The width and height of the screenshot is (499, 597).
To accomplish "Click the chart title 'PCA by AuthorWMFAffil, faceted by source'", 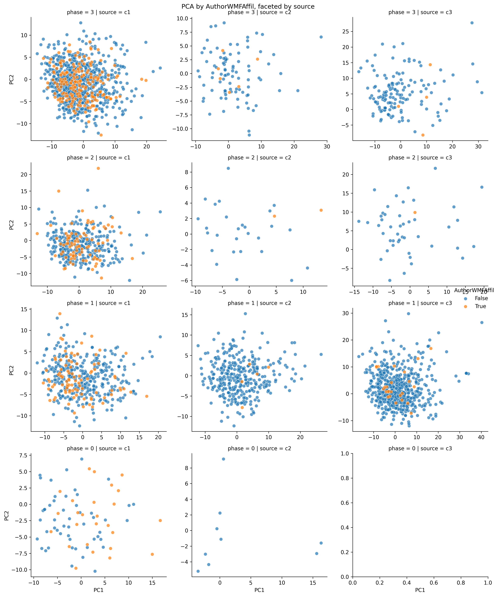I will [x=248, y=6].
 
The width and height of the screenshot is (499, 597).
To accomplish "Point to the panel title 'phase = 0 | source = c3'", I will [x=420, y=449].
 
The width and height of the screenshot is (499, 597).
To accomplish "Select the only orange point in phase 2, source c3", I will [x=415, y=212].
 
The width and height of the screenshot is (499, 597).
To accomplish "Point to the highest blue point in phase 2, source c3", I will [x=435, y=168].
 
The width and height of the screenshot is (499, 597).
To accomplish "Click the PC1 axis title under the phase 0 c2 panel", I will [x=259, y=590].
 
